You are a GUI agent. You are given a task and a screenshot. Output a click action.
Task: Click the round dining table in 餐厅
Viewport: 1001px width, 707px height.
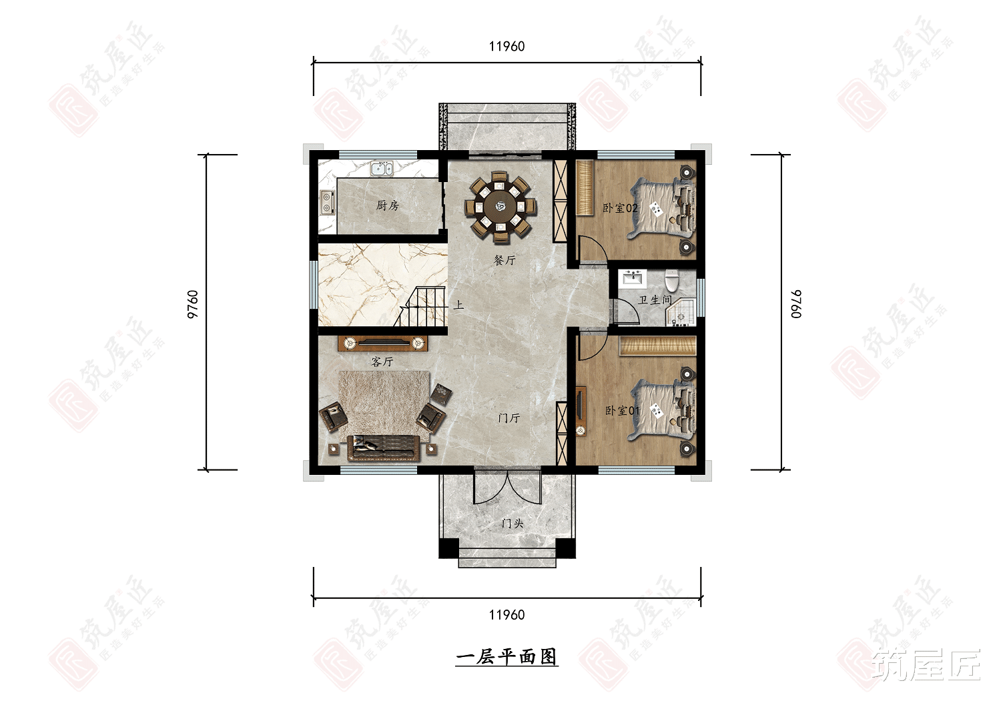click(x=500, y=205)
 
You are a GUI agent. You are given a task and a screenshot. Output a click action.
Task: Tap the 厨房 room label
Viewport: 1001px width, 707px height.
click(x=387, y=205)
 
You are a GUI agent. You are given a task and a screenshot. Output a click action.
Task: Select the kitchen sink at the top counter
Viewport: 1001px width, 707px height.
click(x=381, y=168)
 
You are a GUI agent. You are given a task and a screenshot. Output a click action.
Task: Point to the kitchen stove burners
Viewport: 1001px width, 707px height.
click(x=327, y=201)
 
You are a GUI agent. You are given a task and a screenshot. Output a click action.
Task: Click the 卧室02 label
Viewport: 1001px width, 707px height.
click(x=620, y=208)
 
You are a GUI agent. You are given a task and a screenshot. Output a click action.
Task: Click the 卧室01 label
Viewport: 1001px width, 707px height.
click(x=623, y=411)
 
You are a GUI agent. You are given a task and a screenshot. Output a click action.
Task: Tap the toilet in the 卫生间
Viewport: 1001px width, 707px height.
click(x=671, y=280)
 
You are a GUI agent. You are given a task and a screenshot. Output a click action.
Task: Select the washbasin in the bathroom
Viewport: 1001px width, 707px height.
click(x=631, y=277)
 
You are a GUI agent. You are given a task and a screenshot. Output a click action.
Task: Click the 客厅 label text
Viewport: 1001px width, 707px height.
click(x=382, y=362)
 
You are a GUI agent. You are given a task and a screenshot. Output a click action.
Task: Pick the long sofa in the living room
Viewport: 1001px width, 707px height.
click(x=383, y=448)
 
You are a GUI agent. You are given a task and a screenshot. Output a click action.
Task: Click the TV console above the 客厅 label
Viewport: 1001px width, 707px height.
click(x=383, y=343)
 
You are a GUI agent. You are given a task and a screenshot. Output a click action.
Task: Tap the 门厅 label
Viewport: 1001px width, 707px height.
click(x=509, y=418)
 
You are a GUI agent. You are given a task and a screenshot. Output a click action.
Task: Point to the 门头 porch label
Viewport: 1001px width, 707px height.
click(x=512, y=524)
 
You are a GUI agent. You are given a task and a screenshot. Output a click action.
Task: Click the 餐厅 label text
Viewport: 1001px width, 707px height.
click(x=505, y=260)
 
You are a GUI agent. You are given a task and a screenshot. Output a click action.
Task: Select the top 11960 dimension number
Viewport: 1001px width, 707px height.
click(x=507, y=47)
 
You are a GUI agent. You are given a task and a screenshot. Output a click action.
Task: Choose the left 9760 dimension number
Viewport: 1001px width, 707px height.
click(x=193, y=304)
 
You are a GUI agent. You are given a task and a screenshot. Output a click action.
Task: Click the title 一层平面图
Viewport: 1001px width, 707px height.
click(x=507, y=657)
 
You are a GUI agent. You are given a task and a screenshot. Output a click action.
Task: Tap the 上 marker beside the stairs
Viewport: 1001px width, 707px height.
click(x=458, y=305)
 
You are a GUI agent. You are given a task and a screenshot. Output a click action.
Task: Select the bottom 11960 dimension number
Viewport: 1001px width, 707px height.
click(x=507, y=615)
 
